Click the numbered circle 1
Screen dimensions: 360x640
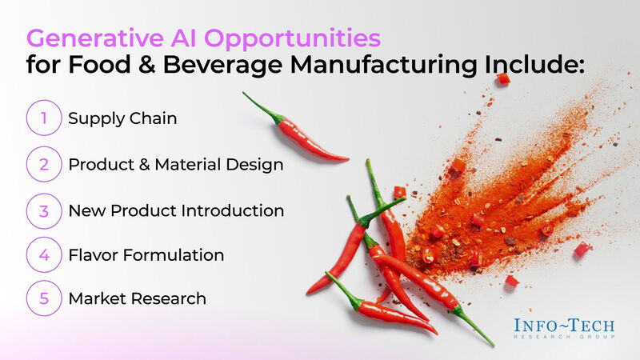[44, 118]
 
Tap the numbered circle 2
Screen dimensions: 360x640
[44, 164]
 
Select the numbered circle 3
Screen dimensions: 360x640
[44, 210]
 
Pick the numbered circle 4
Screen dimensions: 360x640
[44, 255]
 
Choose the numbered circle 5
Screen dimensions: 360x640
[44, 298]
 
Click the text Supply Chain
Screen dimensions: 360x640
[122, 118]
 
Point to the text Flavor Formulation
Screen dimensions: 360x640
[146, 255]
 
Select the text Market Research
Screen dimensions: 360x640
[137, 298]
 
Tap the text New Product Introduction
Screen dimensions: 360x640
[176, 211]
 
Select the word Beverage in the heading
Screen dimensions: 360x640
[228, 66]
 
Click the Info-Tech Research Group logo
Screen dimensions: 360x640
[565, 328]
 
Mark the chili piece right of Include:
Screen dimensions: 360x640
[502, 78]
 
